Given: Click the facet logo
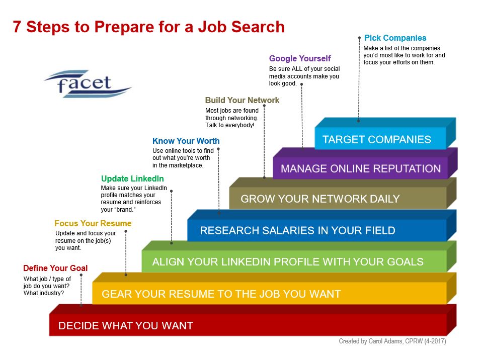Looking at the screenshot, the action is coord(88,83).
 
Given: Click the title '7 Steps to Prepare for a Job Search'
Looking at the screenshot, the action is coord(149,27).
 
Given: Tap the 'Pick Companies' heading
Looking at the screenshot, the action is coord(395,38).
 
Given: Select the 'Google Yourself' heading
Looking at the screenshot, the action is coord(300,58).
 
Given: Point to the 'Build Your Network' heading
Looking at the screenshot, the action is coord(242,100).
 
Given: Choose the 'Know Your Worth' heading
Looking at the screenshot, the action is coord(186,141).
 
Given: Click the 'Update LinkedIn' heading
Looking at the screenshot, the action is coord(132,178).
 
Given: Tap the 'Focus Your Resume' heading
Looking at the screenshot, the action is coord(93,223).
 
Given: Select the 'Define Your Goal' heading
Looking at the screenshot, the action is coord(55,268).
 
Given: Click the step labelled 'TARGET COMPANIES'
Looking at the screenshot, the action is coord(376,139).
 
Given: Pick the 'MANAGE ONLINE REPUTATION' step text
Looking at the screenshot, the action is coord(360,168).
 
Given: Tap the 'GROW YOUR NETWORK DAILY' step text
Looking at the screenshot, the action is coord(320,199).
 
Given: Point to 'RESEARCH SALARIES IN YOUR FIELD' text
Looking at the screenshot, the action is coord(297,230).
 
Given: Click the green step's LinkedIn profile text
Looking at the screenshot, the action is coord(287,261).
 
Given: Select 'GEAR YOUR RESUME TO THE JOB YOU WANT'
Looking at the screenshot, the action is coord(221,294).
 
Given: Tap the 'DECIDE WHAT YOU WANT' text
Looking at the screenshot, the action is coord(125,325).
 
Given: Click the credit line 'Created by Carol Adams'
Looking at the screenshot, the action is coord(370,341).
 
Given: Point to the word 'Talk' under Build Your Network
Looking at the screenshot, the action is coord(211,125).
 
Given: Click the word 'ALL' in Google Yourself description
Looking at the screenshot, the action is coord(297,69).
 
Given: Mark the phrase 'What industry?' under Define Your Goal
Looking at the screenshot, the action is coord(44,293).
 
